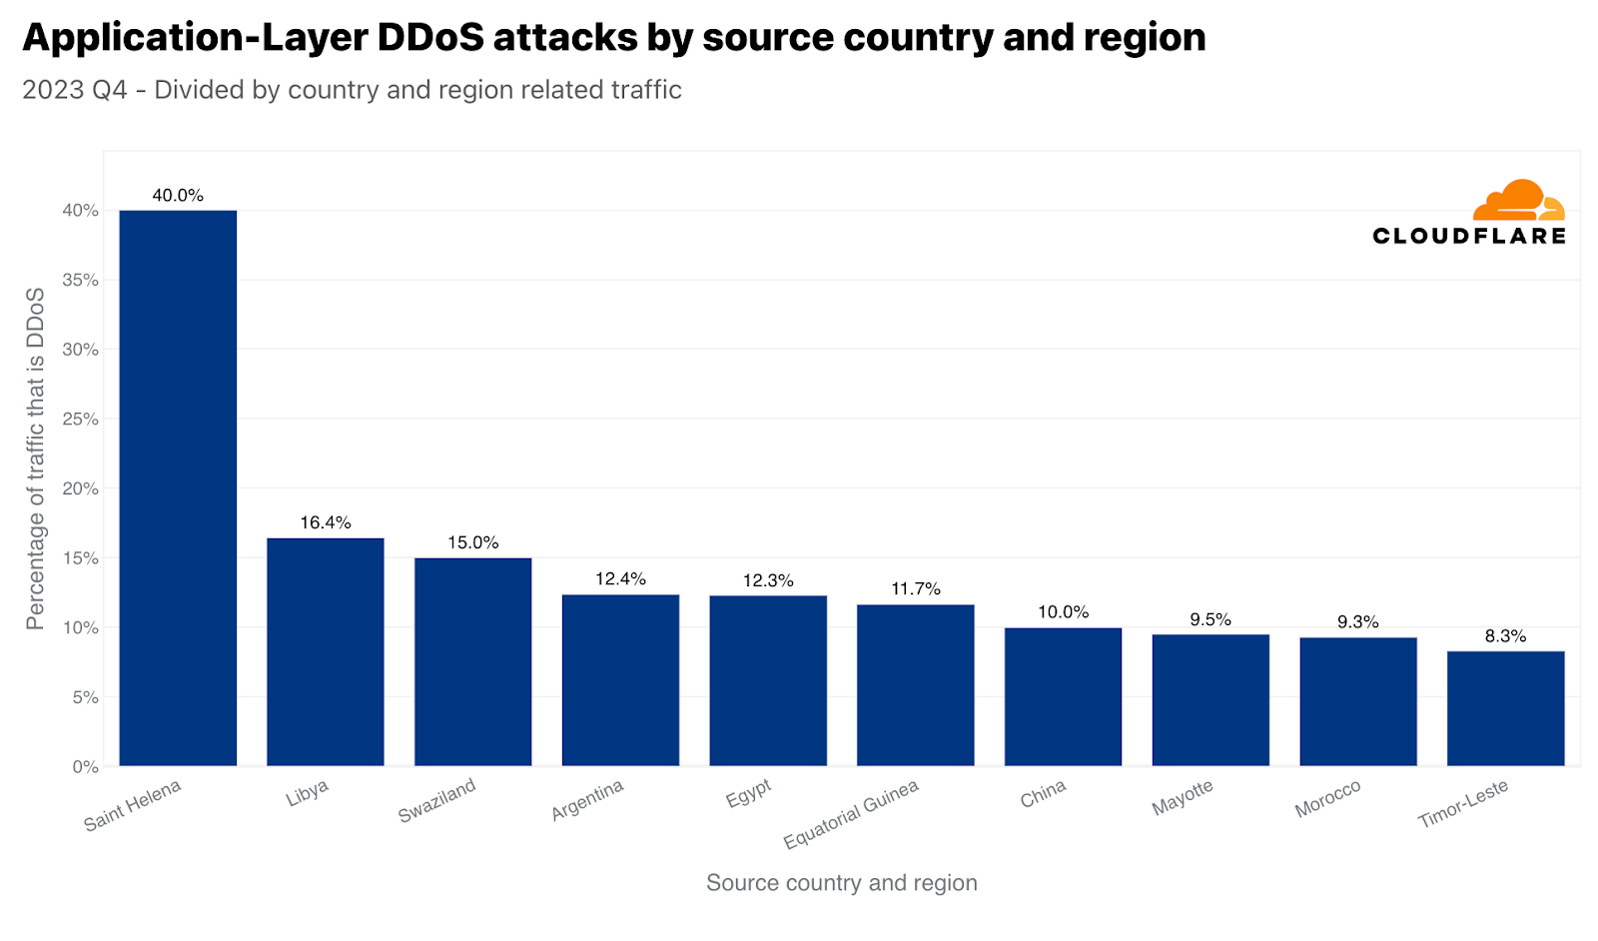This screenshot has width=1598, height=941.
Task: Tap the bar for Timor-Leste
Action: (x=1505, y=708)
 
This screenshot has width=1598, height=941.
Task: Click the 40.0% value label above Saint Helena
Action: (x=178, y=196)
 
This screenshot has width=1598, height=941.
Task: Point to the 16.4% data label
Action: (x=326, y=522)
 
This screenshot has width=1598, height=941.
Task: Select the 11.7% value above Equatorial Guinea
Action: (x=916, y=589)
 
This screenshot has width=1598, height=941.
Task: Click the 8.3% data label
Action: (x=1505, y=636)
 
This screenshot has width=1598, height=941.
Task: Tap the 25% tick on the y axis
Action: (x=81, y=420)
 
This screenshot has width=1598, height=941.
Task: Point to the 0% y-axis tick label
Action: (x=85, y=767)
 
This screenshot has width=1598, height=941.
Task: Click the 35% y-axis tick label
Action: (x=81, y=281)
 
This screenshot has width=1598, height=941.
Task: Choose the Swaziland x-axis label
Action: (x=437, y=801)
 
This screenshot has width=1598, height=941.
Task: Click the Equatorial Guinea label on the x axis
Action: (x=851, y=815)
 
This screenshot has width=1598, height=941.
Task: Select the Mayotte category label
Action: (x=1183, y=798)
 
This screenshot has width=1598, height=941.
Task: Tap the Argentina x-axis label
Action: (x=587, y=800)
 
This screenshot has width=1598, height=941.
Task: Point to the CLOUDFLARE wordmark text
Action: (x=1469, y=236)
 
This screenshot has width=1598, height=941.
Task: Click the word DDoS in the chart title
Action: (x=430, y=38)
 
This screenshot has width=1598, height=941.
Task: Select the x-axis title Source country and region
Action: (x=841, y=883)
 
